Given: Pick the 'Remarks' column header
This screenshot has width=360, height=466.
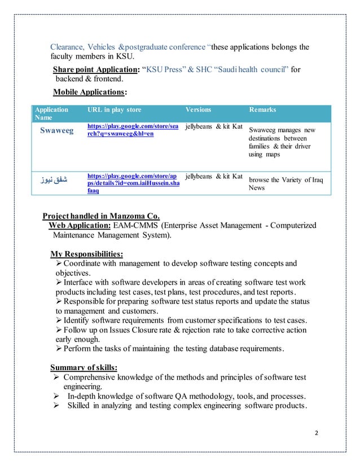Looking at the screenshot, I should (264, 109).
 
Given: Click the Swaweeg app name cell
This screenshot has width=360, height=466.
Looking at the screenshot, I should (56, 131).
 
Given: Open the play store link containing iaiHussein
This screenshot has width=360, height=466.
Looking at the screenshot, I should (130, 183).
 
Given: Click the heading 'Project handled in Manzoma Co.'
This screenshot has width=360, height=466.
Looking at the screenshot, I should (102, 215).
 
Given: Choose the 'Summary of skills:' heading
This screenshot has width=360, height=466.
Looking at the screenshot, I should (84, 367).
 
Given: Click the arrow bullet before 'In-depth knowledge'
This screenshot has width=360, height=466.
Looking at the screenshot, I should (55, 398).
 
